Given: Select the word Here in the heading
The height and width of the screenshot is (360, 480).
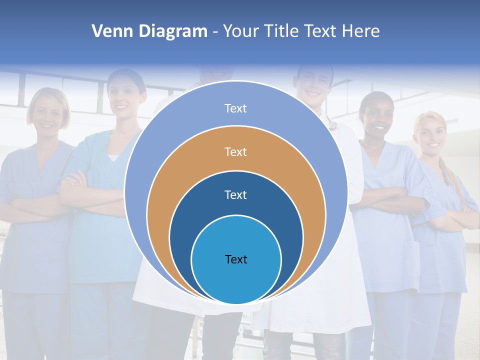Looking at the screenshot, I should tap(361, 31).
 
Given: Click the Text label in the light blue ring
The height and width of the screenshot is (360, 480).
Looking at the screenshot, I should tap(235, 108).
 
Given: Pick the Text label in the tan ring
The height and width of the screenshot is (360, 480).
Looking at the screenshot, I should tap(235, 151).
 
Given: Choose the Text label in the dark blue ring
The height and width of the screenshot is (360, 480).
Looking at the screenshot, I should tap(235, 194).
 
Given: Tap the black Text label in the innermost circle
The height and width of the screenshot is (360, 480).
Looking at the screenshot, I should tap(236, 259).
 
